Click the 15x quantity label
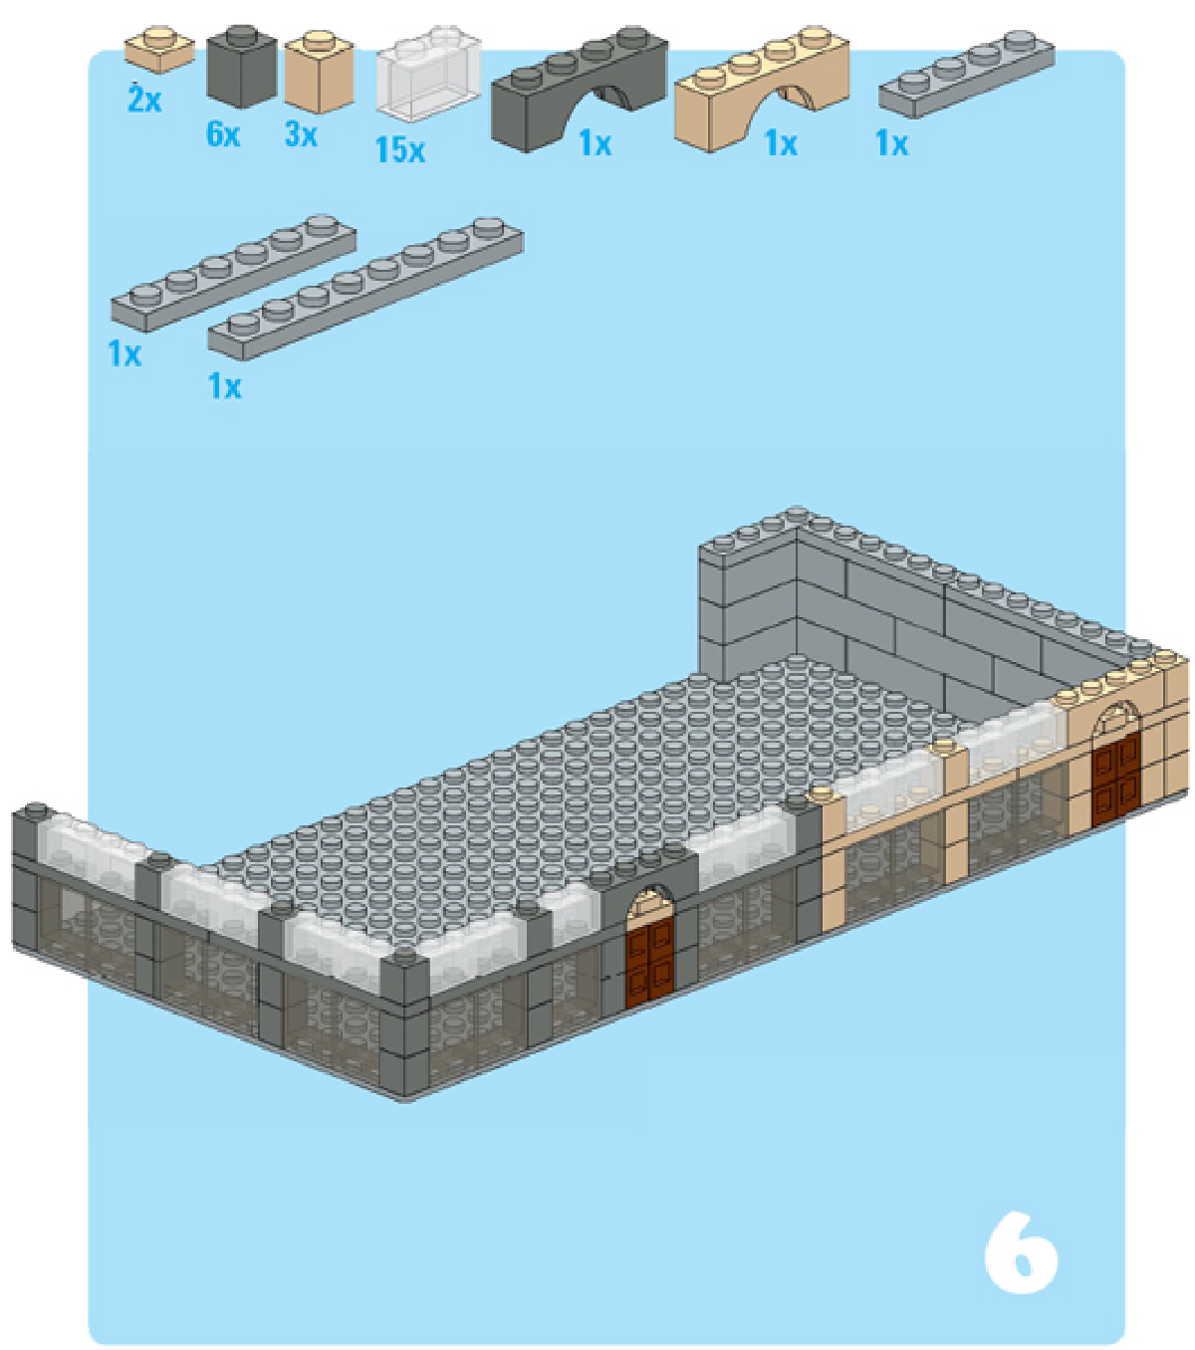point(400,149)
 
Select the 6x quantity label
point(223,134)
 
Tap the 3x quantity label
point(302,134)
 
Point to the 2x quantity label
point(144,99)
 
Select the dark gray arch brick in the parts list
point(580,89)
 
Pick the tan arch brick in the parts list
point(762,89)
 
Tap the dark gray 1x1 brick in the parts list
point(242,67)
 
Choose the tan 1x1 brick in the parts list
point(320,71)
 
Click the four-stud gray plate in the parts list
point(966,75)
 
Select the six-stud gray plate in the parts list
point(233,273)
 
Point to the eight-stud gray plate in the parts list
point(365,289)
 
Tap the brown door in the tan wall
point(1116,778)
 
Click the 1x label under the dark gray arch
point(596,143)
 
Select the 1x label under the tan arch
point(781,143)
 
